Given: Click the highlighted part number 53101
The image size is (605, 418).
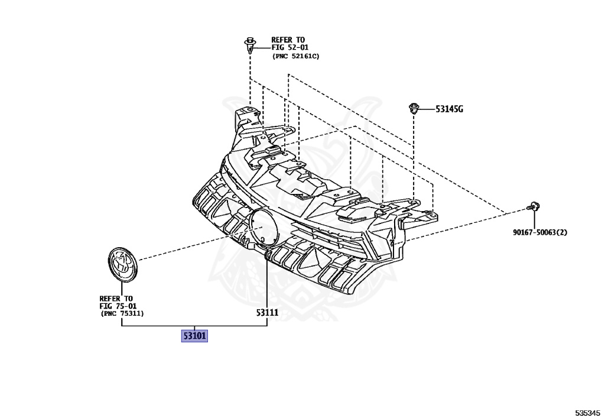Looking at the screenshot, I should click(194, 336).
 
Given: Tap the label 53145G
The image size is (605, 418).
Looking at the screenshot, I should click(449, 109).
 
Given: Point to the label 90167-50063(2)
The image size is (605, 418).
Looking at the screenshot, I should click(539, 232).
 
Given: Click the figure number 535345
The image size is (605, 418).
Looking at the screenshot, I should click(588, 412).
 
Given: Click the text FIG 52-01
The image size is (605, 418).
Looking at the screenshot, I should click(290, 47).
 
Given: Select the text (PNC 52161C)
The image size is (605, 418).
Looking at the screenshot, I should click(295, 56).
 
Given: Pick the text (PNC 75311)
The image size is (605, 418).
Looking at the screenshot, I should click(122, 314).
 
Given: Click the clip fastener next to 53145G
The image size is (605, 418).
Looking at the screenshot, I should click(414, 108).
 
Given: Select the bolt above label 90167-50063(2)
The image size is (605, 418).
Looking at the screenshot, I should click(534, 207).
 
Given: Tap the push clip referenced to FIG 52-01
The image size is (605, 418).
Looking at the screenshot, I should click(251, 46).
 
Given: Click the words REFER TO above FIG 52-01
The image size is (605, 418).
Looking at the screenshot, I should click(288, 40).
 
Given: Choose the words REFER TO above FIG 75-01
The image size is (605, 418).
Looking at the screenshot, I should click(116, 299).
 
